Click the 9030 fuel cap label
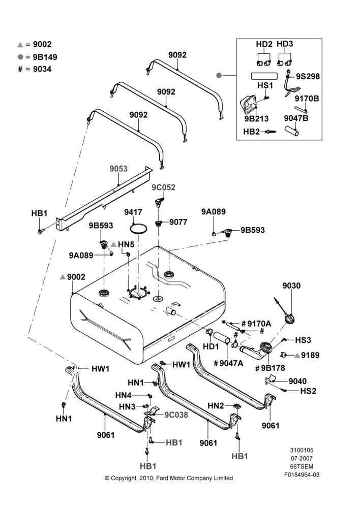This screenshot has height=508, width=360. click(291, 285)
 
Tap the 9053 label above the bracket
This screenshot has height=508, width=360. click(118, 169)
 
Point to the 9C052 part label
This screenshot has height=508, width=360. click(163, 187)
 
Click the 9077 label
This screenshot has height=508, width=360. click(178, 222)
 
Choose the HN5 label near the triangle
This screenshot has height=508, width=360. click(126, 244)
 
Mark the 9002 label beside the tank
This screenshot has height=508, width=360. click(76, 277)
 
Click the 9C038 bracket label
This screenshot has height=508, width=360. click(176, 415)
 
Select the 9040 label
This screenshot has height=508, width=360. click(297, 381)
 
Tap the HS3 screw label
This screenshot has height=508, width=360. click(303, 340)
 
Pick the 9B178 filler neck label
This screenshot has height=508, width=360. click(273, 368)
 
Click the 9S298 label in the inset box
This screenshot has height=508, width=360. click(308, 77)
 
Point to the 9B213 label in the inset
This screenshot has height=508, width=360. click(257, 118)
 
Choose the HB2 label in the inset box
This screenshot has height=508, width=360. click(251, 132)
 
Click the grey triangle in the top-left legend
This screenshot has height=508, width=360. click(20, 45)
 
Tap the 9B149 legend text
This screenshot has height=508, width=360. click(45, 57)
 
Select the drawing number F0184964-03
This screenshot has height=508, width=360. click(302, 474)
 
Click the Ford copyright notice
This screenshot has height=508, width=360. click(169, 478)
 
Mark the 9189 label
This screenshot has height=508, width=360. click(310, 355)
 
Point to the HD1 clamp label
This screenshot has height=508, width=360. click(211, 346)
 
